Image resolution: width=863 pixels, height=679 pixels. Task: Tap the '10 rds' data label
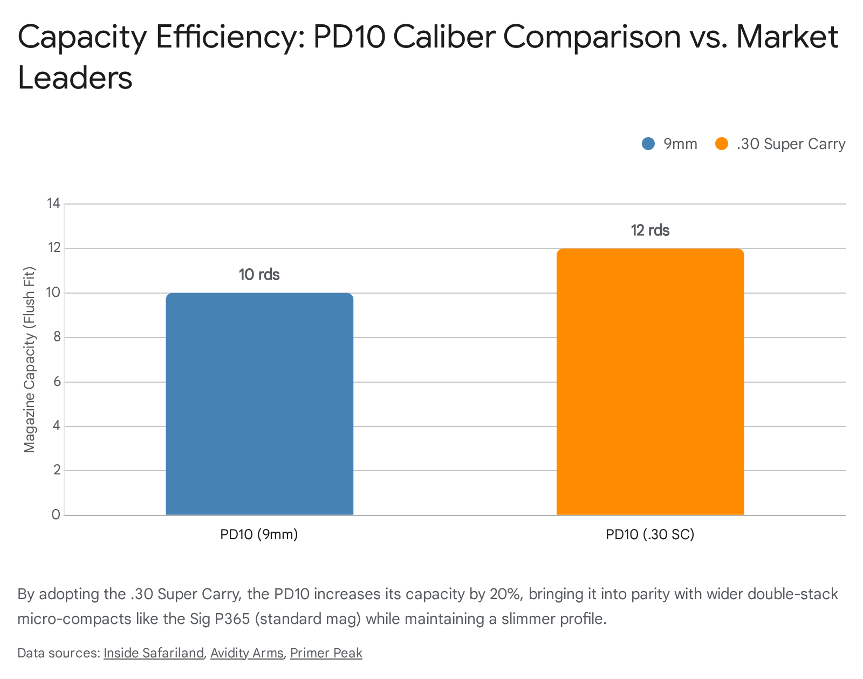click(259, 275)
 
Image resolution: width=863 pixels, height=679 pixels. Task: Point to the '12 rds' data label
click(650, 230)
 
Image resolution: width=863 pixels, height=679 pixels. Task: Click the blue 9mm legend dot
click(648, 144)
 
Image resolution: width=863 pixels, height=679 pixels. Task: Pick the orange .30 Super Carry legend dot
click(721, 144)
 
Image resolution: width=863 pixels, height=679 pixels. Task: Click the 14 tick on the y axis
click(53, 203)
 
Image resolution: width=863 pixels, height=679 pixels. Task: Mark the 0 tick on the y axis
click(56, 514)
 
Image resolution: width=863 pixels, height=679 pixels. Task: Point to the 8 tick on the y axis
click(56, 337)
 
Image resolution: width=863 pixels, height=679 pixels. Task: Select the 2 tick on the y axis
click(56, 470)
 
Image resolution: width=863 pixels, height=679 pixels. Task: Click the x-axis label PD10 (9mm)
click(259, 534)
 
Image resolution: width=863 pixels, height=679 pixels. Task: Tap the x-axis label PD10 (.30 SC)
click(650, 534)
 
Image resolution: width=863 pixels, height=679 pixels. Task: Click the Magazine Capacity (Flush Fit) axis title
click(30, 359)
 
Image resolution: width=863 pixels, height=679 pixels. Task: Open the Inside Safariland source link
click(154, 653)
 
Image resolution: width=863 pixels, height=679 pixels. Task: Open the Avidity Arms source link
click(246, 653)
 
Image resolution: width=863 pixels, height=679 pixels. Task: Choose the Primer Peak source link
click(326, 653)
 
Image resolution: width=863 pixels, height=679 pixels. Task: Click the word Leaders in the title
click(75, 78)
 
